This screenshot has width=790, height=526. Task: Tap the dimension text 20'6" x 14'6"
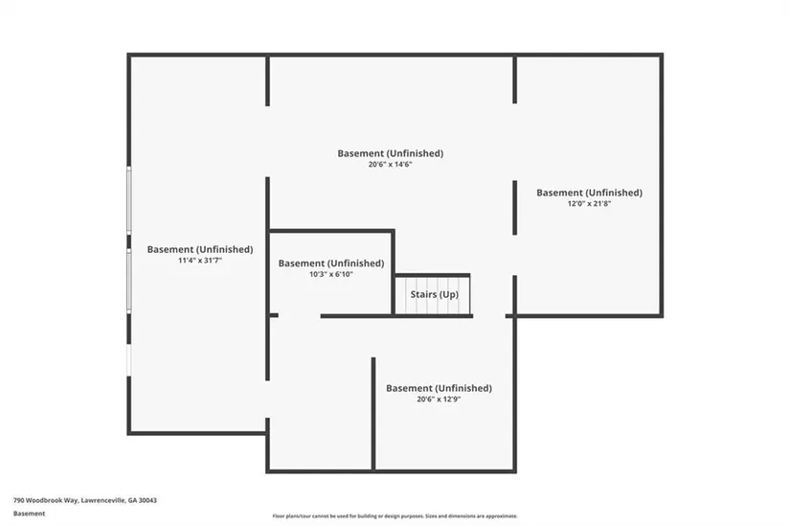pos(390,165)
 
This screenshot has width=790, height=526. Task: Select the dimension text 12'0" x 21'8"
pos(589,204)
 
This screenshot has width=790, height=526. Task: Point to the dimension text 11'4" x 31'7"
pos(199,261)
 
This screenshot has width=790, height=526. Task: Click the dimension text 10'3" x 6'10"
pos(330,275)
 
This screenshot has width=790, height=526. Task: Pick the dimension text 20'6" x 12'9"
pos(439,400)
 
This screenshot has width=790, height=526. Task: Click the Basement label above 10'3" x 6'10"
pos(330,263)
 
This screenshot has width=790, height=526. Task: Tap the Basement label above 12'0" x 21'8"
pos(589,193)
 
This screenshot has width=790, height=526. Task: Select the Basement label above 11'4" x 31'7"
pos(199,249)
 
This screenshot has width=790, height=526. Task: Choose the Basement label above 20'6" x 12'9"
pos(439,388)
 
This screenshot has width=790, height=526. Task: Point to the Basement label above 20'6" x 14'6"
pos(390,153)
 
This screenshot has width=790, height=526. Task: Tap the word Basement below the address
pos(29,514)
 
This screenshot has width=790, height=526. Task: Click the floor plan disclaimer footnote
pos(395,515)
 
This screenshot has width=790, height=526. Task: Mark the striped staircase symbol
pos(433,295)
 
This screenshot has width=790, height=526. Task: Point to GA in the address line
pos(129,500)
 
